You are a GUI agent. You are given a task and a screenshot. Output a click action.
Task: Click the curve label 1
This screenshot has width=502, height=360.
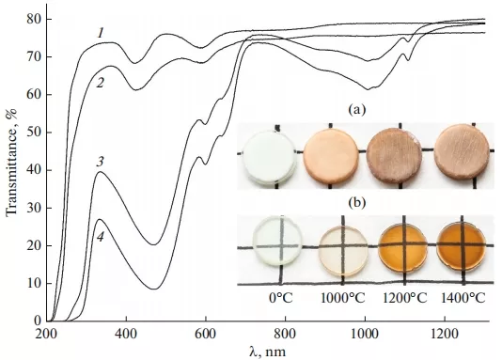100,33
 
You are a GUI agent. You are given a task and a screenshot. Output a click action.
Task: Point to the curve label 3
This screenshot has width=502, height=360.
100,162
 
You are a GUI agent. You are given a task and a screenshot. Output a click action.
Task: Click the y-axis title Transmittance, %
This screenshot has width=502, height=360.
12,169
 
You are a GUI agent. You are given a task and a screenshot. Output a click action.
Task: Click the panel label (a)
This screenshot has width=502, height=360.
356,110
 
